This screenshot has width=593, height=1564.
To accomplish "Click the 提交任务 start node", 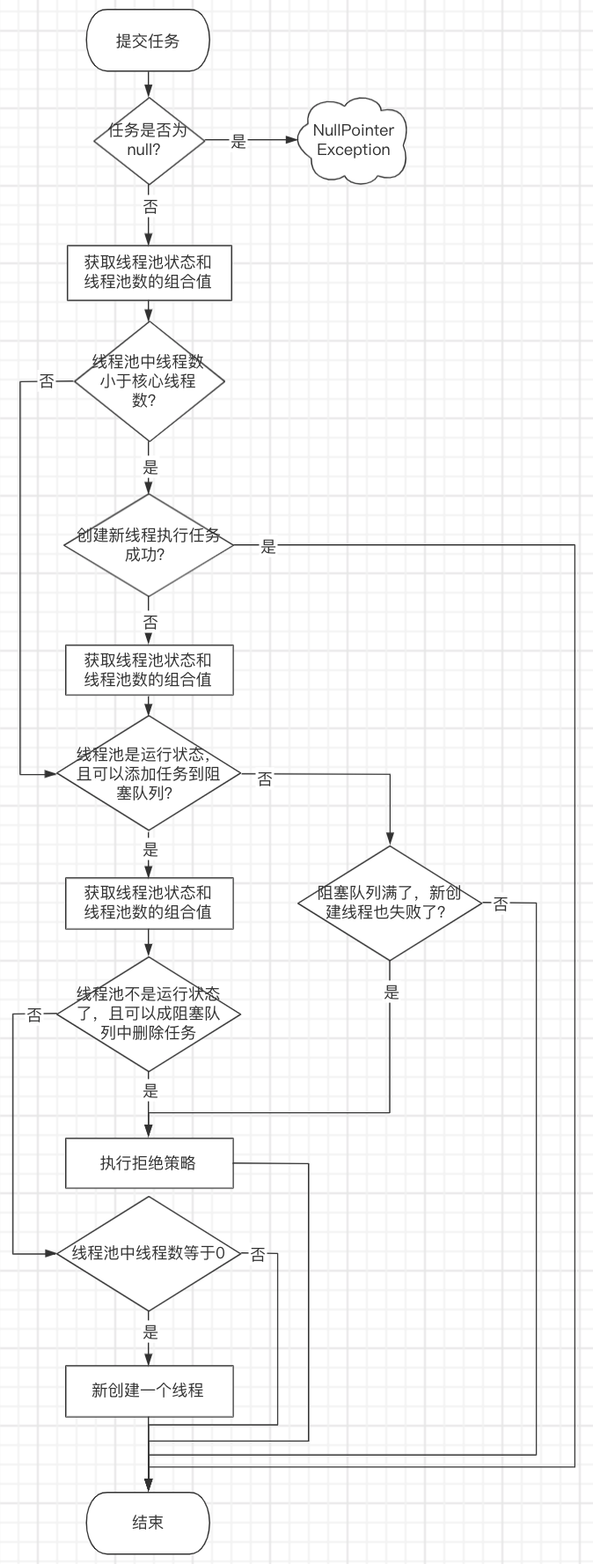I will (x=148, y=41).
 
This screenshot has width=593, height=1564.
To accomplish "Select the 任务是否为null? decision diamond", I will (x=149, y=140).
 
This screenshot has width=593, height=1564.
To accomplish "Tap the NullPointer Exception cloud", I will (x=354, y=140).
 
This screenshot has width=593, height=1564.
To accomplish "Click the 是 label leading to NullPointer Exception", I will (x=238, y=141).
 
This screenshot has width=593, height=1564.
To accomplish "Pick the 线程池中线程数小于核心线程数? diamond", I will (x=149, y=380).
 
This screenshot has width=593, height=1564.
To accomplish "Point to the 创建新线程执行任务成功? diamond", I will (x=149, y=545).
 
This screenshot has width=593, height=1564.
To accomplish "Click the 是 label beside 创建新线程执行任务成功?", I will (x=268, y=547).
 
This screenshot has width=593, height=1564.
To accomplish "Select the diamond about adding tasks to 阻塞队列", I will (x=149, y=773).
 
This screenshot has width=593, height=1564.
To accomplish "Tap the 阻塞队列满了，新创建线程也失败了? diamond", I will (x=390, y=903).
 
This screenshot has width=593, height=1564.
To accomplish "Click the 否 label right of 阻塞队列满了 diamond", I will (x=501, y=904).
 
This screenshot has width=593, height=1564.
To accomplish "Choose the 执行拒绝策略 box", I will (x=149, y=1163).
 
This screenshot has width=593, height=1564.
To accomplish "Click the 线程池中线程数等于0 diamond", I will (x=149, y=1253).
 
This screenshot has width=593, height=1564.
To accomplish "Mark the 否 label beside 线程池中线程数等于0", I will (x=258, y=1255).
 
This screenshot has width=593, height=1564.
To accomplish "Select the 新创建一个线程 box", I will (x=149, y=1391).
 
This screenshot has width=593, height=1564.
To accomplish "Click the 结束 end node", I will (x=148, y=1523).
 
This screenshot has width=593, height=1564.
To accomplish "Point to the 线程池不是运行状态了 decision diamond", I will (x=149, y=1014).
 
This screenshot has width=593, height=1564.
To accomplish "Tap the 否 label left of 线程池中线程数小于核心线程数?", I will (x=47, y=382).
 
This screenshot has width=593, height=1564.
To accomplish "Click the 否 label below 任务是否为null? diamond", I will (x=150, y=208).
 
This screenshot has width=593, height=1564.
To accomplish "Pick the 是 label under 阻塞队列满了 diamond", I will (x=392, y=992).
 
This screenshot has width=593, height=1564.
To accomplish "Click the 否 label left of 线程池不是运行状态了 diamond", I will (x=34, y=1015).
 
